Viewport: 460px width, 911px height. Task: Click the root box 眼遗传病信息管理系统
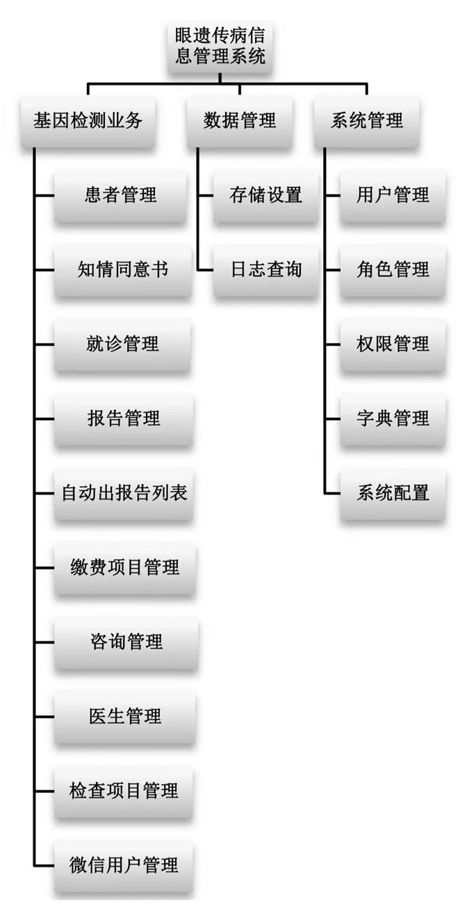[x=220, y=45]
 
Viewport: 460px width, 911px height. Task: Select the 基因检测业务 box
[x=88, y=121]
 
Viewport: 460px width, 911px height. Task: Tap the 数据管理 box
[x=240, y=121]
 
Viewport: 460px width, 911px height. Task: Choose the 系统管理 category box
[x=366, y=121]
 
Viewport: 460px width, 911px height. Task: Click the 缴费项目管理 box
[x=124, y=567]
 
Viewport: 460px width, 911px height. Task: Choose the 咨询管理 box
[x=126, y=642]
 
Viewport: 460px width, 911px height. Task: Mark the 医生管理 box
[x=124, y=716]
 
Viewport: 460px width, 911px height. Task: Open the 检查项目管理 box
[x=124, y=790]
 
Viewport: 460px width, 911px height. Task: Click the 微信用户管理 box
[x=124, y=864]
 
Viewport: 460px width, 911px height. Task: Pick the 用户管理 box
[x=393, y=195]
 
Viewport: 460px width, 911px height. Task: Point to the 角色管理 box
[x=393, y=269]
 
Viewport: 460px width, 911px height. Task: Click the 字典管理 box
[x=393, y=418]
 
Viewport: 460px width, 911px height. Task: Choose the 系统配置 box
[x=393, y=493]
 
